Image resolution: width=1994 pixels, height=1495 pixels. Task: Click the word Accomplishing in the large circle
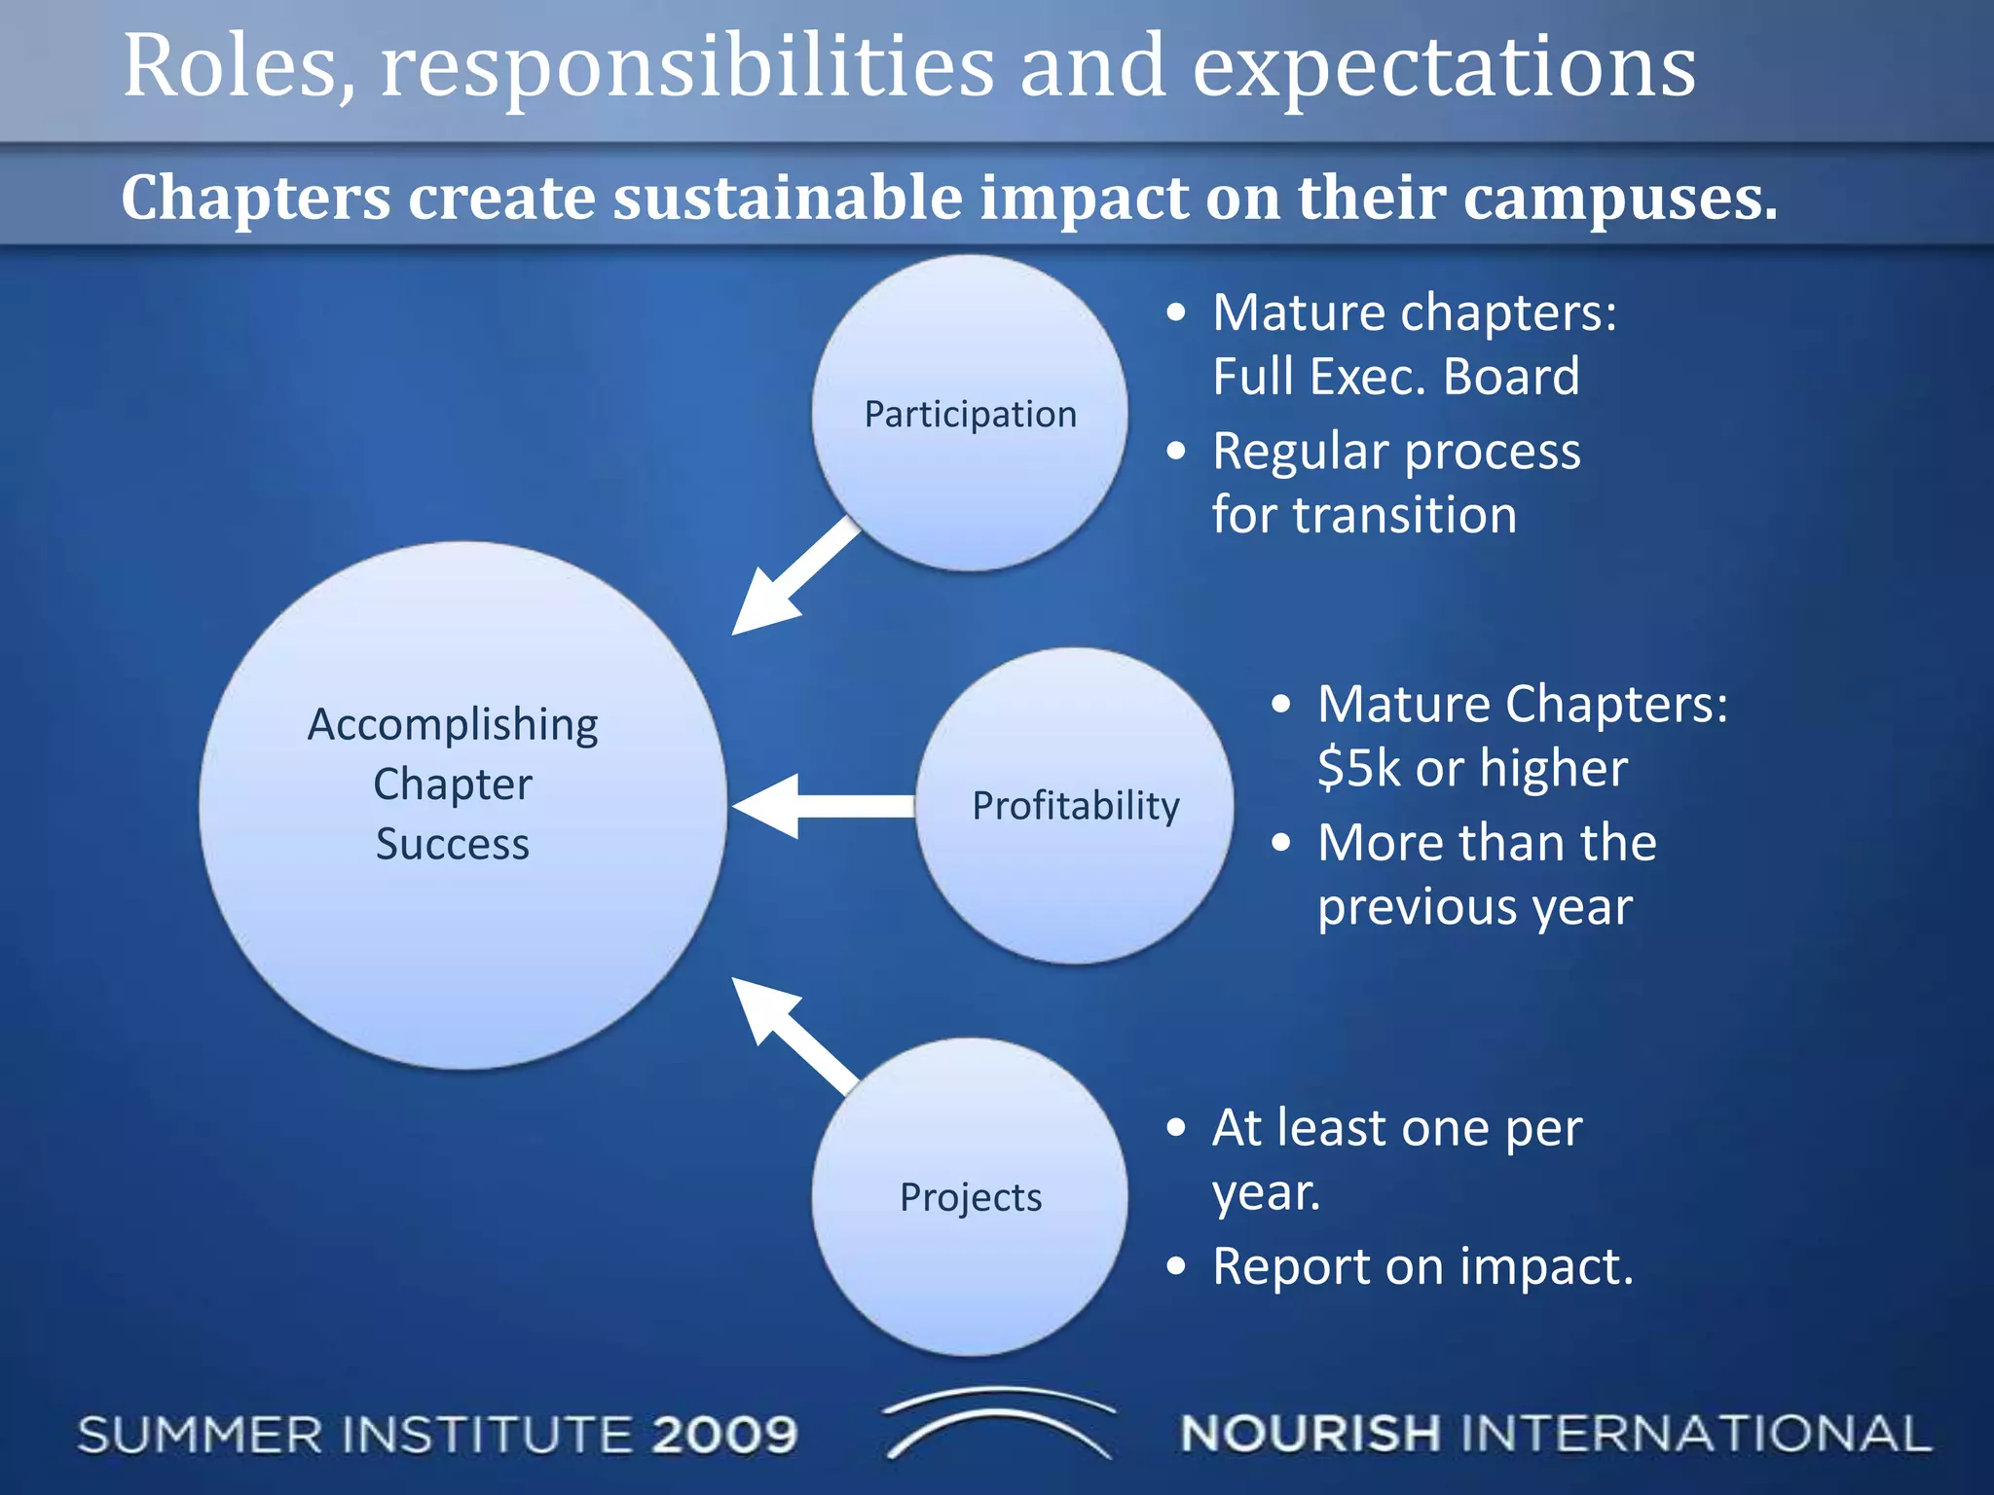[x=453, y=725]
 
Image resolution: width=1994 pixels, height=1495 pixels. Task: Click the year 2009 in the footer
[x=724, y=1436]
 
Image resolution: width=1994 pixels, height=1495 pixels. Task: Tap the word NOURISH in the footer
[x=1310, y=1435]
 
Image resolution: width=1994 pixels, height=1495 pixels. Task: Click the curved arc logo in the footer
[x=997, y=1421]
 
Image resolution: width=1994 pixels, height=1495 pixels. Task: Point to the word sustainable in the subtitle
[x=789, y=198]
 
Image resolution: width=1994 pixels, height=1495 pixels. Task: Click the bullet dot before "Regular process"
[x=1177, y=451]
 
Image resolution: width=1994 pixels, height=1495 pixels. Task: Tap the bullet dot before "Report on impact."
[x=1177, y=1266]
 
